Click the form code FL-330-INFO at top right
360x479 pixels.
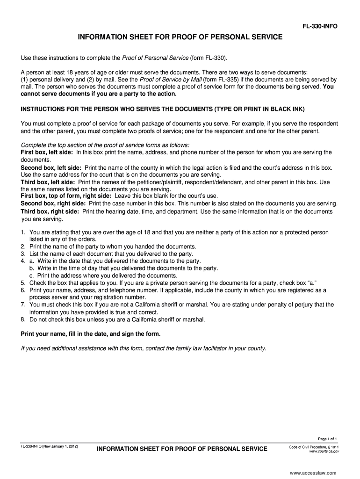coord(320,26)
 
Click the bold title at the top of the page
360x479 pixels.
coord(180,36)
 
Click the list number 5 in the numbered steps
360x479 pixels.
coord(23,283)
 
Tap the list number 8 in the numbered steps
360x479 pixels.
coord(23,319)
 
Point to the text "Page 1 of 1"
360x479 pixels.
coord(327,439)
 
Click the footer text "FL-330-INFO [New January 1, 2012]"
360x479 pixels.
coord(49,447)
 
